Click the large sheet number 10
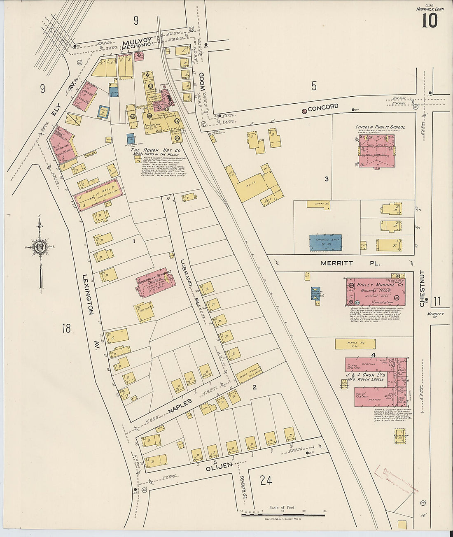click(x=429, y=20)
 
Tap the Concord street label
click(x=323, y=108)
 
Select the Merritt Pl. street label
click(x=351, y=263)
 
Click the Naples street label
click(x=180, y=405)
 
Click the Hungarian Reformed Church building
click(x=156, y=283)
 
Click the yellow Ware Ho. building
click(x=355, y=344)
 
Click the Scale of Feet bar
click(x=283, y=514)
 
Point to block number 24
click(x=266, y=480)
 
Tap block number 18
click(x=66, y=328)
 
